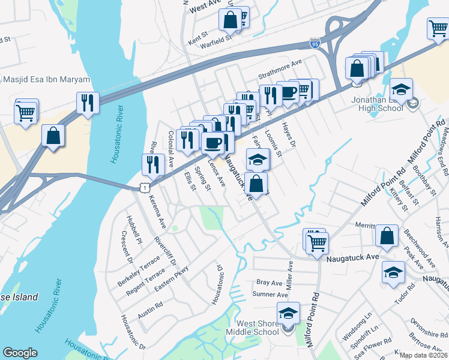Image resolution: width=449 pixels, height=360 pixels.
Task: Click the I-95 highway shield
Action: tap(315, 43)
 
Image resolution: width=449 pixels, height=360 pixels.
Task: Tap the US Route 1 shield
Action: tap(145, 188)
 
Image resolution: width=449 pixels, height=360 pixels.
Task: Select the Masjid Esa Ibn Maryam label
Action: tap(47, 80)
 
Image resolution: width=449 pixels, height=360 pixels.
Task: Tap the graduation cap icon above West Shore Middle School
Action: tap(288, 313)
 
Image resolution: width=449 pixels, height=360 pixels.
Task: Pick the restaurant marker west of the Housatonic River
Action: tap(88, 103)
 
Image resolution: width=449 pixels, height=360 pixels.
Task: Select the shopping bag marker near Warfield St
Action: tap(230, 19)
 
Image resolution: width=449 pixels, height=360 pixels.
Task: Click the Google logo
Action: tap(20, 353)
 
